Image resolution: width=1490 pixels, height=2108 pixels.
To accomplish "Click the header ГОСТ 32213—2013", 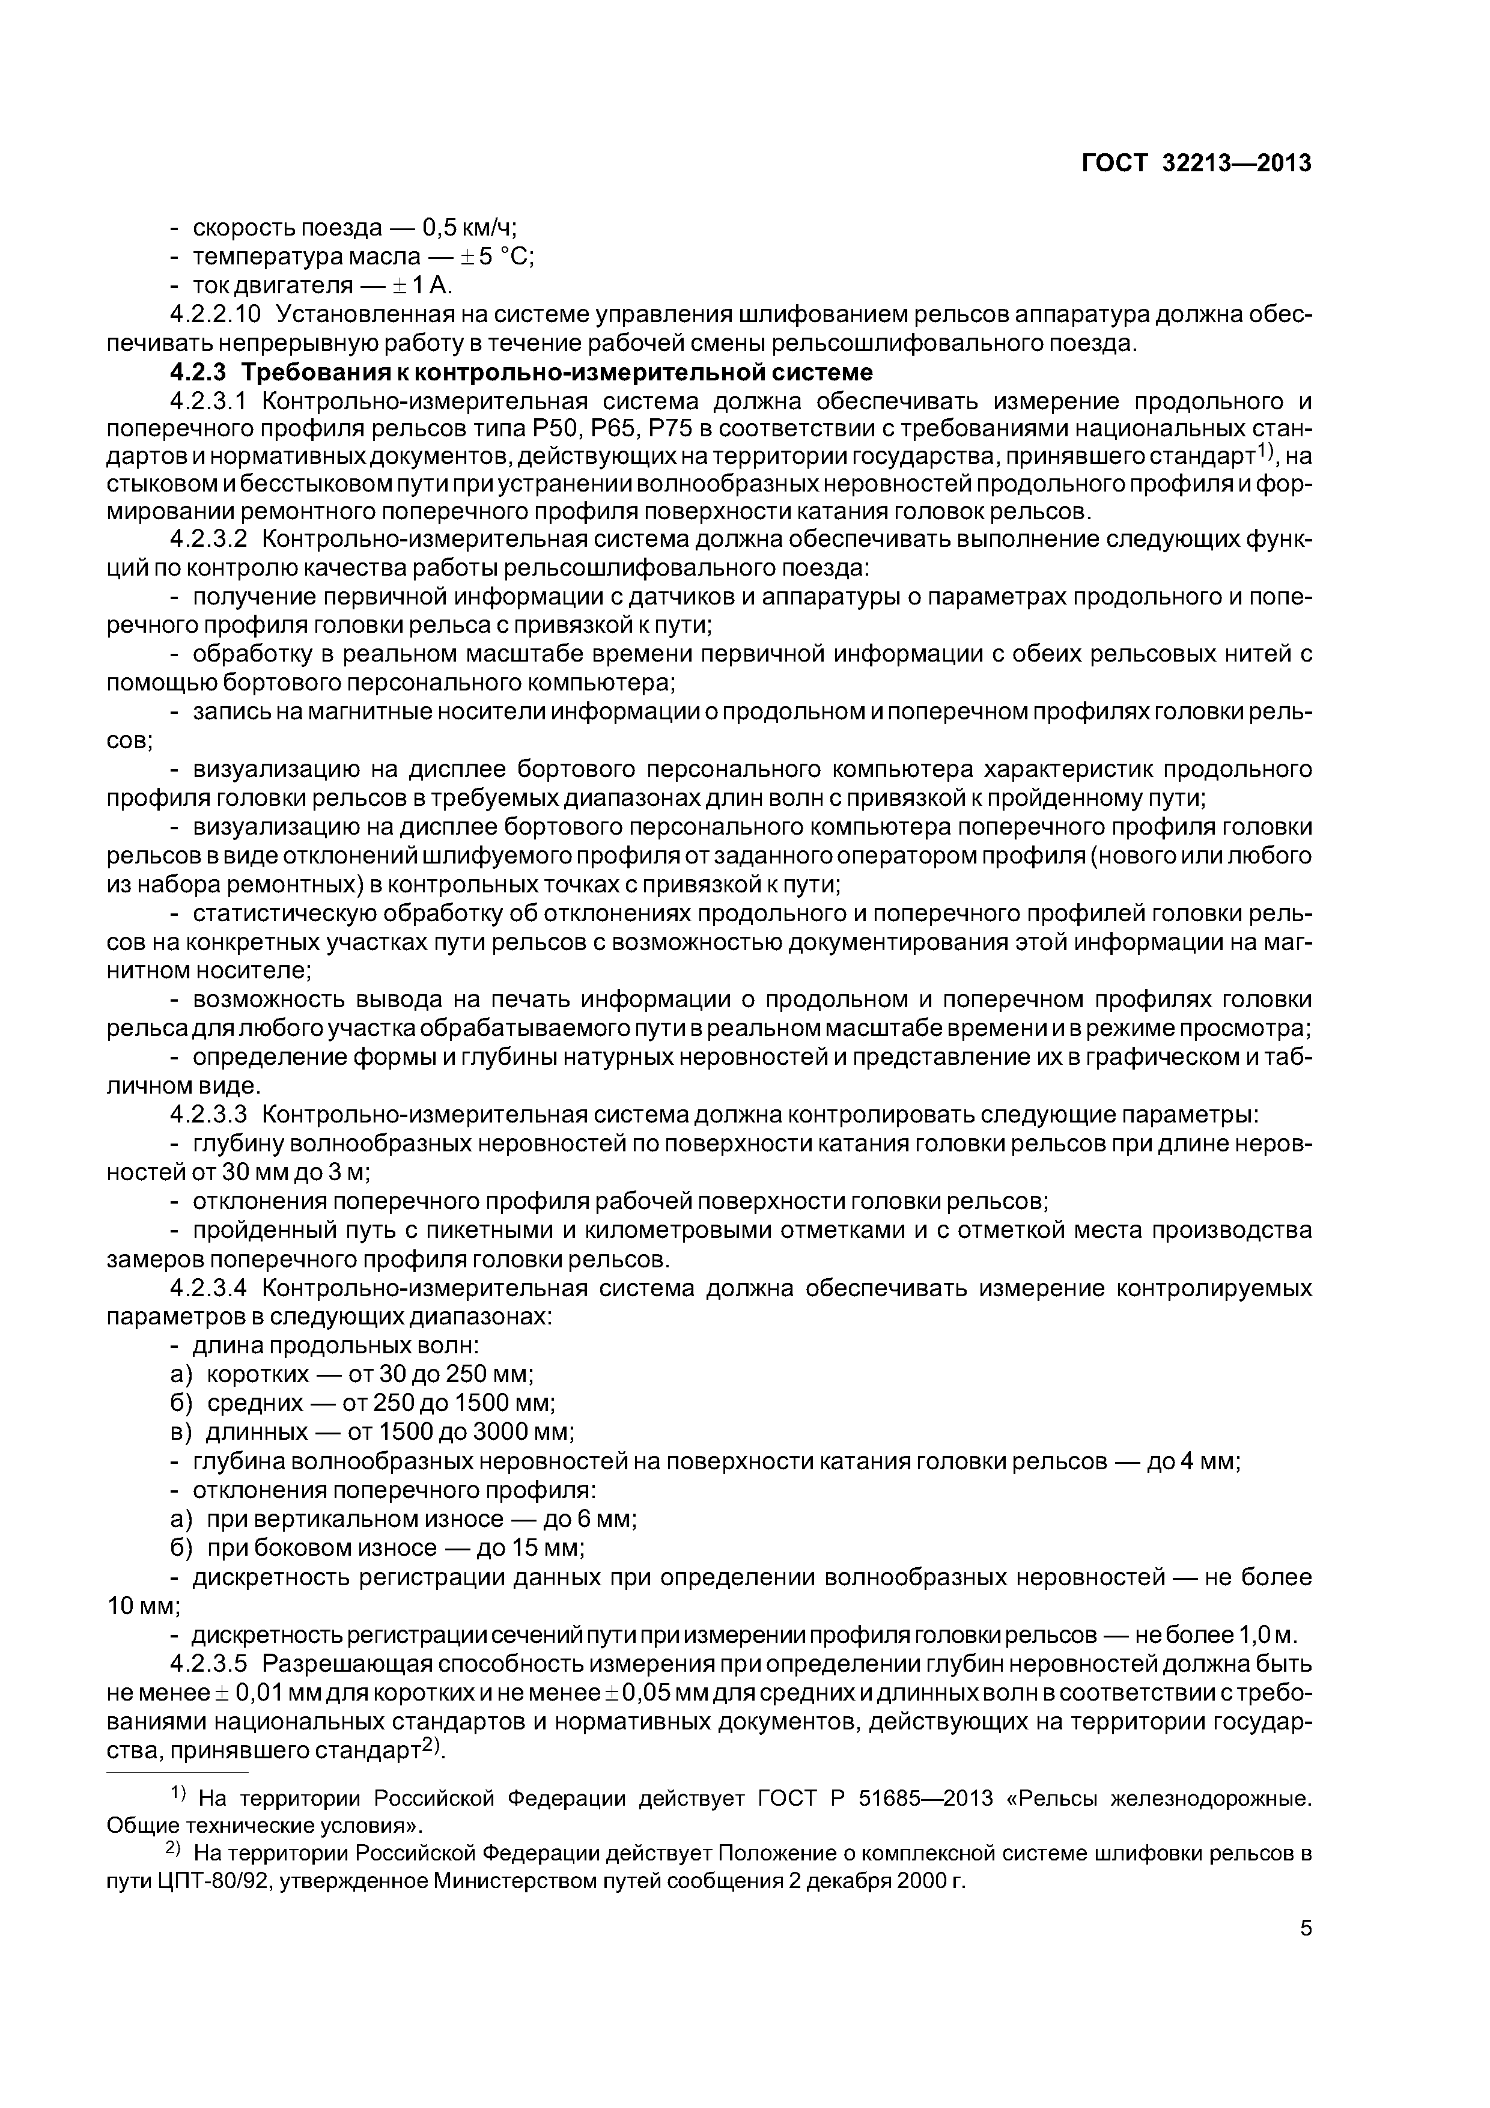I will [1196, 163].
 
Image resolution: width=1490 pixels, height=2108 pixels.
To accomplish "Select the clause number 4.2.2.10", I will [216, 314].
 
